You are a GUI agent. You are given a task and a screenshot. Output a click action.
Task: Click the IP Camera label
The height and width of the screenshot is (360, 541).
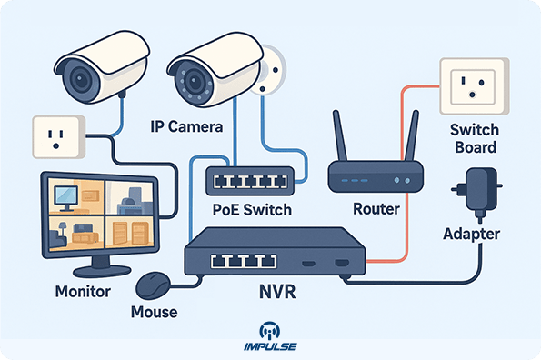click(x=185, y=127)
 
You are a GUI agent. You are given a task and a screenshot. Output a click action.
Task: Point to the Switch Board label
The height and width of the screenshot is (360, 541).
click(x=473, y=138)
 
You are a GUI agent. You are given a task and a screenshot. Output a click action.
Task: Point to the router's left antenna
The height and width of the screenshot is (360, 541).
click(x=338, y=135)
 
